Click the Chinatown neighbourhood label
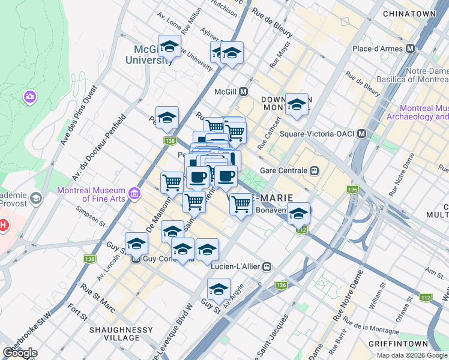413,13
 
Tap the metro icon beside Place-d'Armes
411,48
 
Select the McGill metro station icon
244,92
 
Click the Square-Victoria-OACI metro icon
362,133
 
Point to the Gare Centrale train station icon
313,170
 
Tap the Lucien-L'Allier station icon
268,266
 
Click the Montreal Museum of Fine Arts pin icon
134,193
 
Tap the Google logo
20,352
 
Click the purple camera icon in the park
29,96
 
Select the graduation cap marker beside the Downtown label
297,104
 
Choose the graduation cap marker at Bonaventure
298,214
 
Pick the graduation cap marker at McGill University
170,46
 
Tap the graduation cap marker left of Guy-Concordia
137,243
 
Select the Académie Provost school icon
36,198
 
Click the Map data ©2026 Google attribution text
412,355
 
